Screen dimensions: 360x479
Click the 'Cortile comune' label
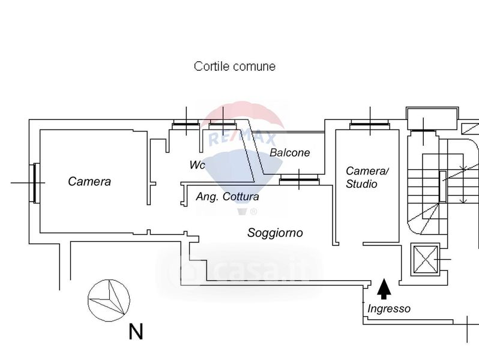pyautogui.click(x=235, y=67)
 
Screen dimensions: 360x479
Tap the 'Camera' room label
pyautogui.click(x=89, y=181)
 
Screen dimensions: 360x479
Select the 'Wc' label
pyautogui.click(x=197, y=164)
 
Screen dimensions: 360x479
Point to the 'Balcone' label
pyautogui.click(x=290, y=152)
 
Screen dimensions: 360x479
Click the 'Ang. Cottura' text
pyautogui.click(x=227, y=196)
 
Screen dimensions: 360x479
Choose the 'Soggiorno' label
pyautogui.click(x=275, y=233)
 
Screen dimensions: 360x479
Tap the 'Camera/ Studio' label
pyautogui.click(x=367, y=178)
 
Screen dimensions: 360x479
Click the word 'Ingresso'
pyautogui.click(x=389, y=308)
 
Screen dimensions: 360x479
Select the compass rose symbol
pyautogui.click(x=109, y=299)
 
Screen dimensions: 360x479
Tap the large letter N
pyautogui.click(x=136, y=331)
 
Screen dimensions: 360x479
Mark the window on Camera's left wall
pyautogui.click(x=36, y=182)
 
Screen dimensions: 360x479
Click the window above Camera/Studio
pyautogui.click(x=370, y=125)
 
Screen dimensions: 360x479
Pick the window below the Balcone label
pyautogui.click(x=300, y=179)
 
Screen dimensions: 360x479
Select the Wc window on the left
pyautogui.click(x=185, y=125)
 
